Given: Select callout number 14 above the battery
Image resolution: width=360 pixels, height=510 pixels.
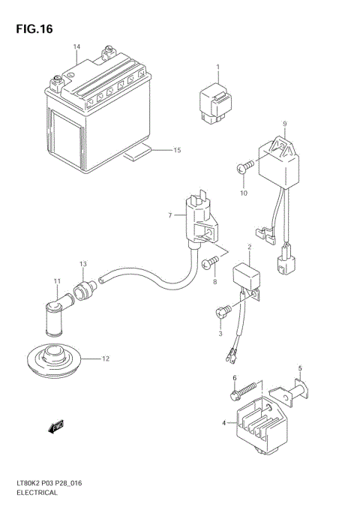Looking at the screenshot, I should [x=76, y=48].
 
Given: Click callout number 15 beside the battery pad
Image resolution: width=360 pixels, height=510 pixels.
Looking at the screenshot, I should [x=177, y=151].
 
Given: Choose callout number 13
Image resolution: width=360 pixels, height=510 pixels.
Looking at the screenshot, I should [x=84, y=264].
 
